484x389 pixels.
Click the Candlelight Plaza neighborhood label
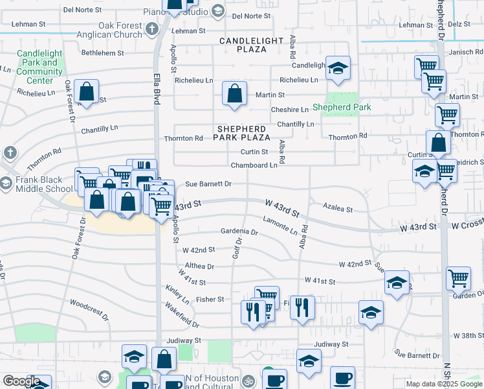[252, 45]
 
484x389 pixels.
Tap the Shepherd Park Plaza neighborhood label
[243, 133]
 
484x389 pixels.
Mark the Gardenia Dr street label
[239, 231]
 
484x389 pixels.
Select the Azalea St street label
[338, 209]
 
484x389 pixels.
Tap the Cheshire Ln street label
[289, 110]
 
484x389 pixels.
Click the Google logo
[21, 381]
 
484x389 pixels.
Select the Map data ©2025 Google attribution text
[444, 384]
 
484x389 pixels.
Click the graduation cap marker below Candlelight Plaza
[337, 69]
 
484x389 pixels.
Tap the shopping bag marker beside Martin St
[234, 93]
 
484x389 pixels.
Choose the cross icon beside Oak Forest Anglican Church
[152, 29]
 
